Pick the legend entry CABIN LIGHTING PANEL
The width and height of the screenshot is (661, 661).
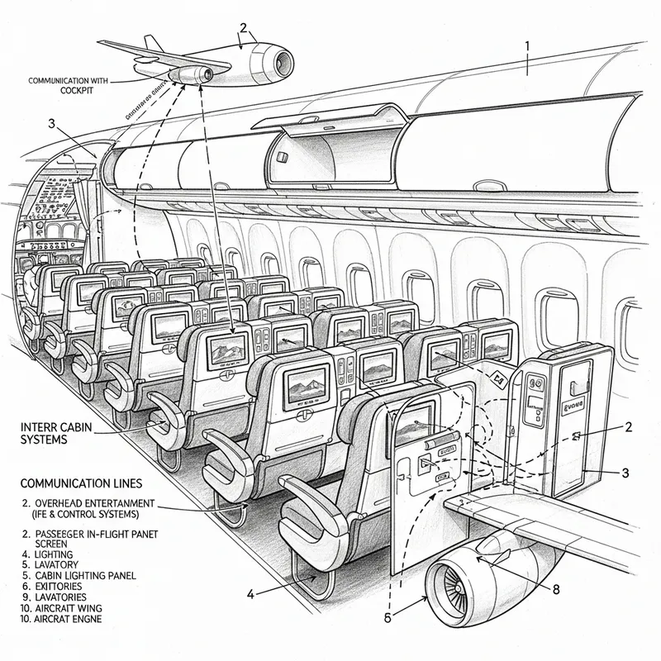tap(79, 574)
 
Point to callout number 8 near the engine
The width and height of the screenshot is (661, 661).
tap(555, 590)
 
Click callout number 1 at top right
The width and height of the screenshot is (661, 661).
tap(526, 45)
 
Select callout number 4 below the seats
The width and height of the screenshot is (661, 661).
tap(250, 592)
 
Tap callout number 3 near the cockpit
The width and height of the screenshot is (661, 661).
tap(52, 124)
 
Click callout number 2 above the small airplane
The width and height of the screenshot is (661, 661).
tap(243, 26)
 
